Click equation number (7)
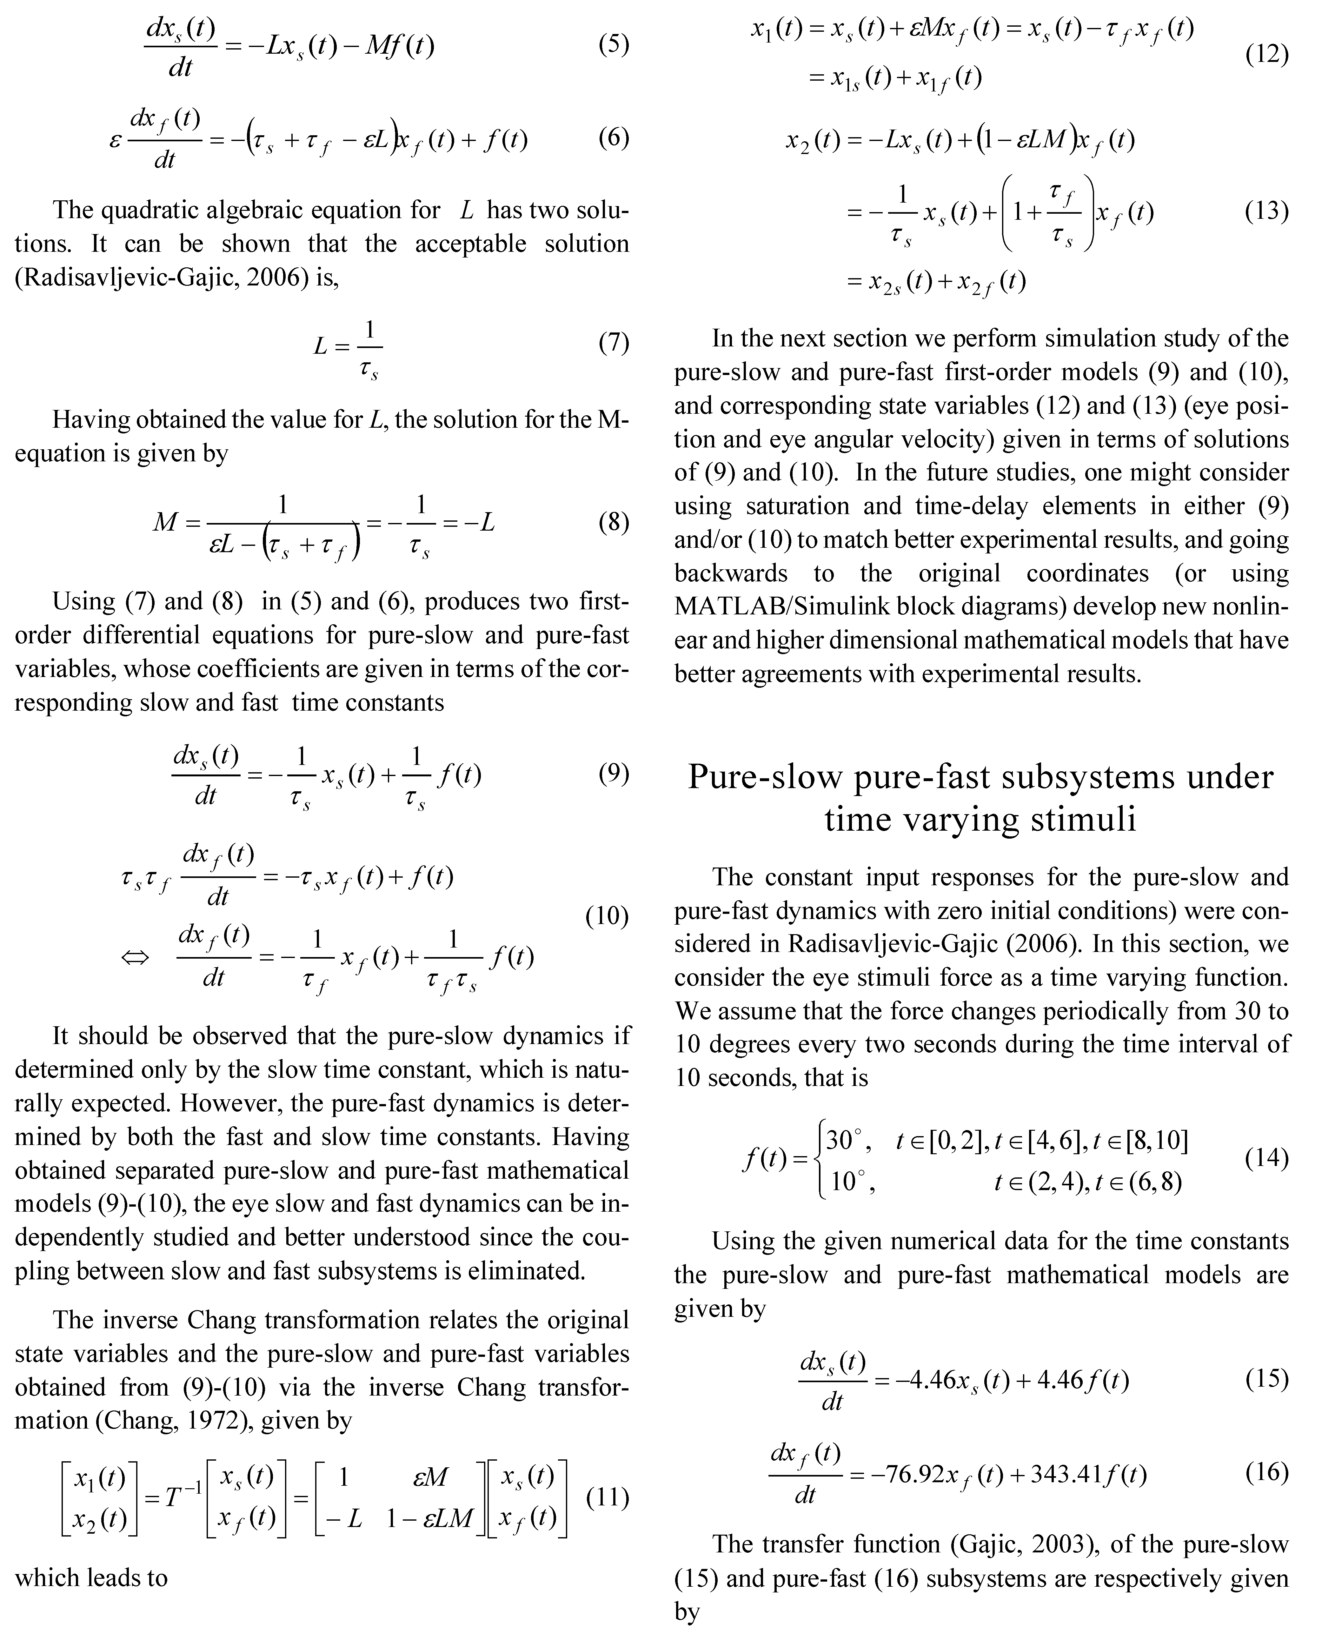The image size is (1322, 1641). (613, 343)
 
